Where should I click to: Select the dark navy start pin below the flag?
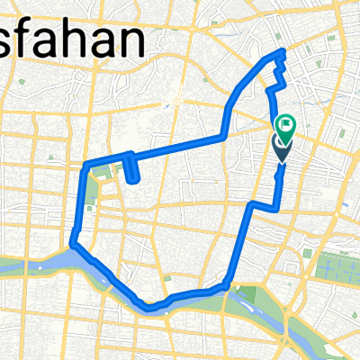click(x=283, y=148)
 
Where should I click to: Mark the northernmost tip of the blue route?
click(x=283, y=51)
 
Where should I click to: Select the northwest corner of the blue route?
click(x=86, y=166)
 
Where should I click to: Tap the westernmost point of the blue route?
click(x=72, y=241)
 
